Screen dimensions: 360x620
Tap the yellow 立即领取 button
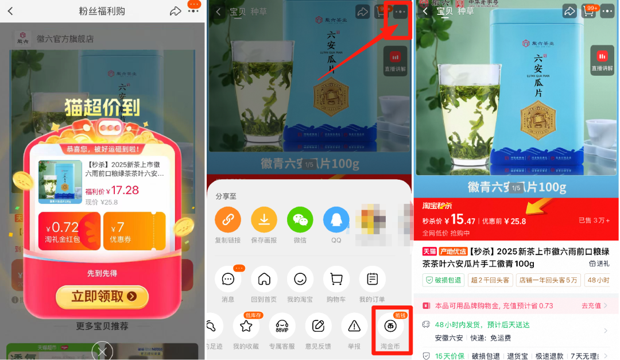coord(102,296)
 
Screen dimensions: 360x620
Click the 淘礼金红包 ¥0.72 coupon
coord(69,231)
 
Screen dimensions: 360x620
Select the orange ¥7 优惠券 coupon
coord(134,231)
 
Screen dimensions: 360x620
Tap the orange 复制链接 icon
coord(228,219)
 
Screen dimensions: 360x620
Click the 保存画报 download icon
coord(264,219)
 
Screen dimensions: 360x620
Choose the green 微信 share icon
coord(300,219)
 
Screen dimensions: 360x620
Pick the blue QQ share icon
coord(336,219)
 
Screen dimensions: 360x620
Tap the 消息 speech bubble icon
coord(228,279)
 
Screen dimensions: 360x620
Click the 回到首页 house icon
coord(264,279)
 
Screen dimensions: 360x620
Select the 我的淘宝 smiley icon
coord(300,279)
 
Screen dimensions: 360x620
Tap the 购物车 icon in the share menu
coord(336,279)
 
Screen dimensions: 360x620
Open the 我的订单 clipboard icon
coord(373,279)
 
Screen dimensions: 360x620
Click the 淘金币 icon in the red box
coord(390,326)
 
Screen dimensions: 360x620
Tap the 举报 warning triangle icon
coord(354,326)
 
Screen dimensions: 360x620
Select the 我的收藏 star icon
coord(246,326)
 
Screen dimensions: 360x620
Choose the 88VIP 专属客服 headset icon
coord(282,326)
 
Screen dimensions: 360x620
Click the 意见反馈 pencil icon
coord(318,326)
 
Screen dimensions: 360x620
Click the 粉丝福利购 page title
coord(102,11)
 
